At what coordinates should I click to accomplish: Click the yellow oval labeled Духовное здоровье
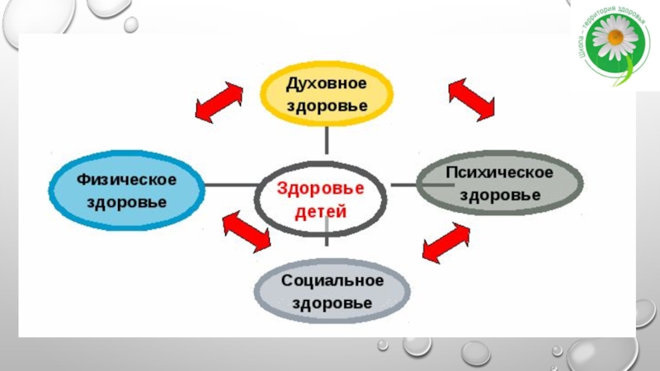point(328,94)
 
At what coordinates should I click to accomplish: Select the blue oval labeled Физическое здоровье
point(128,190)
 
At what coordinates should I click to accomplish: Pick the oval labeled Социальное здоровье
point(332,291)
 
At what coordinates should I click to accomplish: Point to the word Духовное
point(328,83)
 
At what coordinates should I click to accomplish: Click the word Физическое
point(128,178)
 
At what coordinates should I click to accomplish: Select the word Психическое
point(499,173)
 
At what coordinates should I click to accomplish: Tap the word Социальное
point(332,280)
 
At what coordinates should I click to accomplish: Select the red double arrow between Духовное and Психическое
point(471,98)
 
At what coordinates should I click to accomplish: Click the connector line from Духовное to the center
point(328,139)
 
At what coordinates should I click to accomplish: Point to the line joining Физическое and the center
point(229,185)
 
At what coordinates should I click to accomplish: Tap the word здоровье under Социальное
point(332,303)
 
